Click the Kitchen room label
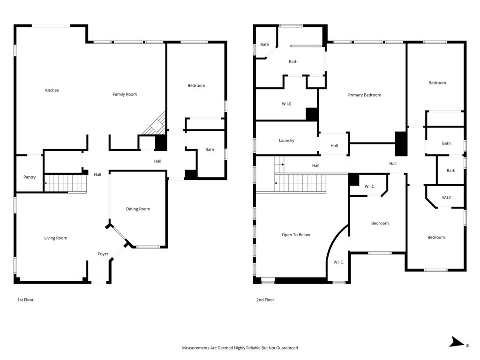[x=52, y=90]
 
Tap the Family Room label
[x=125, y=95]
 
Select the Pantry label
[x=30, y=177]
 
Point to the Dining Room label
[x=138, y=209]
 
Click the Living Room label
[x=56, y=238]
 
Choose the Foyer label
[x=103, y=254]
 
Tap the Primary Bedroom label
[x=364, y=95]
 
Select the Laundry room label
[x=286, y=141]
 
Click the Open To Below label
[x=296, y=235]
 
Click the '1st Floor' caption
[x=25, y=300]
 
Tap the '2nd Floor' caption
[x=265, y=300]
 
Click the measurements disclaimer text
[x=240, y=348]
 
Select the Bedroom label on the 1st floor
[x=196, y=86]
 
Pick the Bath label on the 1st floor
[x=210, y=150]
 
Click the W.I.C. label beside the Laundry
[x=287, y=104]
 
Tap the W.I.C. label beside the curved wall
[x=339, y=262]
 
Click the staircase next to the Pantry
[x=66, y=183]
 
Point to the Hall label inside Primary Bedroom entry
[x=334, y=146]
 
